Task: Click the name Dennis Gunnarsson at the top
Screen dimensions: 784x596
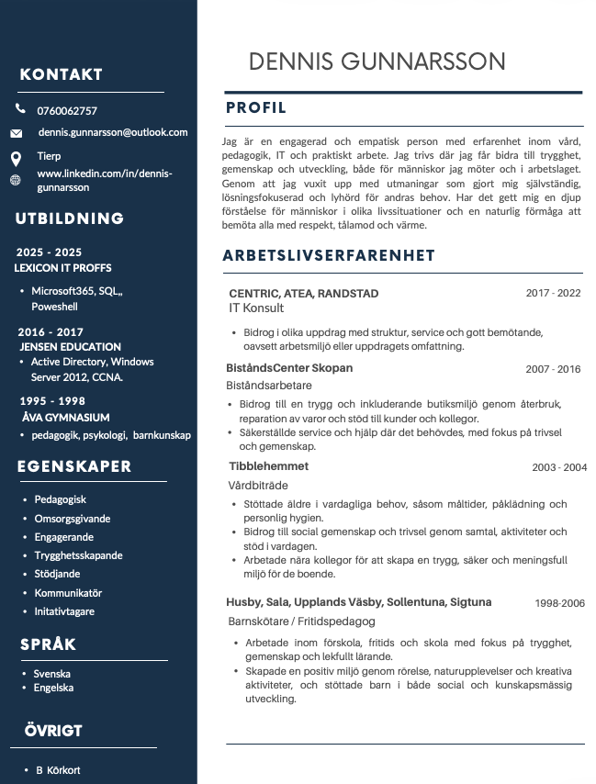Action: pos(377,62)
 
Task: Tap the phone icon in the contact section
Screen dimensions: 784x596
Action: pos(20,109)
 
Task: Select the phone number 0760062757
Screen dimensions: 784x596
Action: pos(67,111)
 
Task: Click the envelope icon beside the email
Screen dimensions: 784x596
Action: pos(17,133)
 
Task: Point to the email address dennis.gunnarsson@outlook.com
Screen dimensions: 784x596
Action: pos(113,132)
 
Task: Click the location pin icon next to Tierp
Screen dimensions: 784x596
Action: pos(16,158)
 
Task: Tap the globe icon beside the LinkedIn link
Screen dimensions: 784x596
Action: pos(15,180)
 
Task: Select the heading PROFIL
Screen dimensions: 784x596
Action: pos(256,108)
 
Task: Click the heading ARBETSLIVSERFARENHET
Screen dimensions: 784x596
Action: pos(329,255)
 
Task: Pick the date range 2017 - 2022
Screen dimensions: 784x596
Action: pos(553,294)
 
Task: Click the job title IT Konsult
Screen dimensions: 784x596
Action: pos(256,309)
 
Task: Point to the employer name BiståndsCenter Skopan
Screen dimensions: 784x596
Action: pos(289,368)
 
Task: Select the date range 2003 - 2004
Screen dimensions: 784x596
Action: pos(559,467)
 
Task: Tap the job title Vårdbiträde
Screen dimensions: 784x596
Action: pos(258,484)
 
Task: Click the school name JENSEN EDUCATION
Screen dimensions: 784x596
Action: pos(71,347)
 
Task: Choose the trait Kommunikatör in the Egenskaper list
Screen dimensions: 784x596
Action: pos(68,593)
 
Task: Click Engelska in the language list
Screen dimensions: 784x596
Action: pos(53,688)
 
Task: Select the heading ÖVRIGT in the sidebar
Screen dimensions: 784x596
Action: pos(53,731)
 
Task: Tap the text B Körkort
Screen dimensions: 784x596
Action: pos(58,770)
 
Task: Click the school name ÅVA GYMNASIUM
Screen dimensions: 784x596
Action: pos(65,417)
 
